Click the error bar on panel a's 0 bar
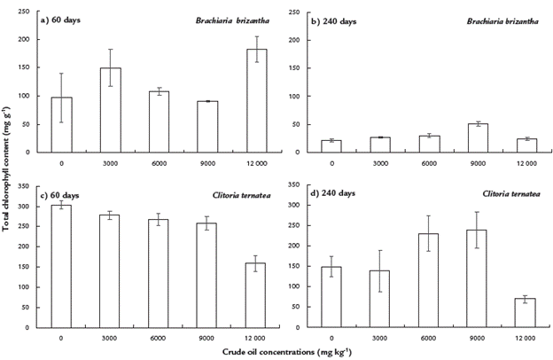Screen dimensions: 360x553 click(x=60, y=98)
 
